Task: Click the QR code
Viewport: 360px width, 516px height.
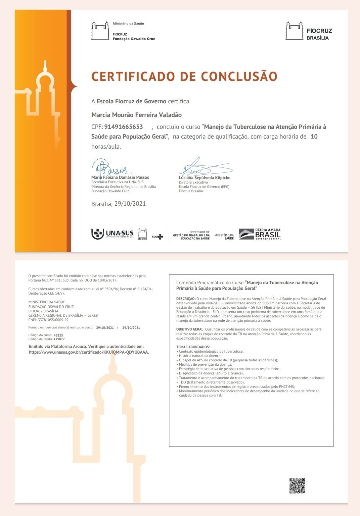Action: [x=297, y=485]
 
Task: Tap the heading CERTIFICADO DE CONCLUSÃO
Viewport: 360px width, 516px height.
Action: [x=184, y=76]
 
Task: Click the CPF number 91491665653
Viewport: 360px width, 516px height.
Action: [x=124, y=127]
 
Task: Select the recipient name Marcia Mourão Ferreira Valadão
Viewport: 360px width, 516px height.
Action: [x=136, y=115]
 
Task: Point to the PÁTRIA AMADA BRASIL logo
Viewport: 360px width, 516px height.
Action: [x=260, y=234]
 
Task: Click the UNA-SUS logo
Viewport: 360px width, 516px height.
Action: [x=113, y=234]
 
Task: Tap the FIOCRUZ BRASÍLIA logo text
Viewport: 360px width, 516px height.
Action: [x=319, y=34]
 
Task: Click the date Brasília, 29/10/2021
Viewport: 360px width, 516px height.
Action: [x=119, y=204]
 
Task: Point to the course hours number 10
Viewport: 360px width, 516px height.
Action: [x=314, y=137]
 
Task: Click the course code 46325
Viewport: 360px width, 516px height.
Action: [x=58, y=335]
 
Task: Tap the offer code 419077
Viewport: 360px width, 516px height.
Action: [x=59, y=339]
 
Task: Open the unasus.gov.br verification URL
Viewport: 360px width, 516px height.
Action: [x=89, y=352]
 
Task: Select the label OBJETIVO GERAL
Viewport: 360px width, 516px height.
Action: [x=190, y=329]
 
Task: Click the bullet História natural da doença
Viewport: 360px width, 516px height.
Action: [x=200, y=356]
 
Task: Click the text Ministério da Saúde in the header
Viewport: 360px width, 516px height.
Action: [x=128, y=23]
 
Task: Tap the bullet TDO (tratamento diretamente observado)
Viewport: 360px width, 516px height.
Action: [x=212, y=382]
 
